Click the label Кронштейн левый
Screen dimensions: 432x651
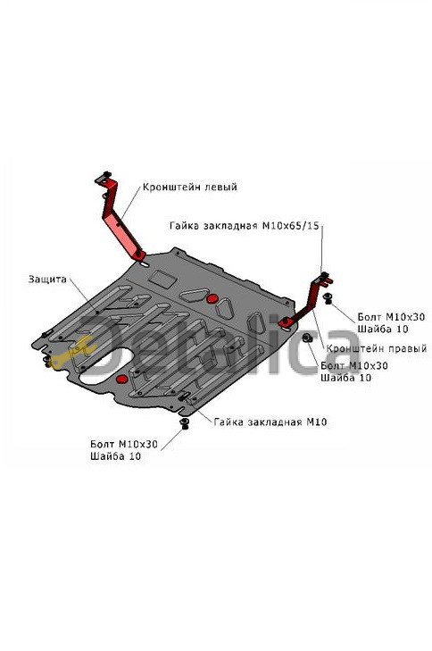(189, 187)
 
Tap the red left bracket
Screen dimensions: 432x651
(120, 220)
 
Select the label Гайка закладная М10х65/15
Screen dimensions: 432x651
(245, 226)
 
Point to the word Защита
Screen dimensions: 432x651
(47, 279)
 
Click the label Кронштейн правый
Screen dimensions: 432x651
(377, 348)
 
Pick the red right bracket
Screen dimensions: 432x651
(307, 302)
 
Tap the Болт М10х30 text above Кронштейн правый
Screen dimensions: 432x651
(391, 317)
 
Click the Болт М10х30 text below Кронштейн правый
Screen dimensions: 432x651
(354, 366)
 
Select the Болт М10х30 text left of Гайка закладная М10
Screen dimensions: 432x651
(124, 444)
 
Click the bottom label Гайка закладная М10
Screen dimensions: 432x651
(270, 422)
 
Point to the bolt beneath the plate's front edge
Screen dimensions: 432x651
(185, 424)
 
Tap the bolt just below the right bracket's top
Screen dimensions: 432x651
(328, 297)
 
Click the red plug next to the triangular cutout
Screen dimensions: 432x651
(212, 298)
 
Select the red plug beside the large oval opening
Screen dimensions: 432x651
(122, 379)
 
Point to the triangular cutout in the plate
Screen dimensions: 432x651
(194, 295)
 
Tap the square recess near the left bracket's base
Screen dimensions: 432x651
(162, 278)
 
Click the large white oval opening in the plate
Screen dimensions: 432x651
(107, 366)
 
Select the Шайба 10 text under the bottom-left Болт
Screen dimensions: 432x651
(116, 456)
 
